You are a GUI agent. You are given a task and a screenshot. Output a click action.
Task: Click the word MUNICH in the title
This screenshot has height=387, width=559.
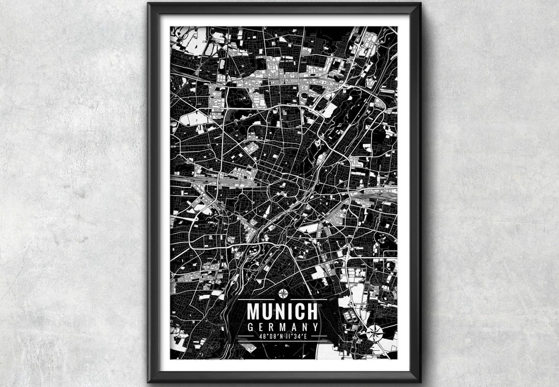[x=282, y=311]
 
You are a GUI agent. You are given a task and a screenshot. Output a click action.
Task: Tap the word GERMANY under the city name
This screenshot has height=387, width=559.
[x=282, y=327]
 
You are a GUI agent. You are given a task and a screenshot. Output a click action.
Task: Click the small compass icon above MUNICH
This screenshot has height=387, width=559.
[x=283, y=294]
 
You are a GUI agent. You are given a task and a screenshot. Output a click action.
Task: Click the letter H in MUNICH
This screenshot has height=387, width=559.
[x=311, y=311]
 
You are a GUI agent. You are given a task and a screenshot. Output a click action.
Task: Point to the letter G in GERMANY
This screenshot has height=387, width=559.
[x=251, y=327]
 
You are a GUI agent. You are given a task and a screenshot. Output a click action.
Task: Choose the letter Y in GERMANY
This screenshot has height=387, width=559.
[x=314, y=327]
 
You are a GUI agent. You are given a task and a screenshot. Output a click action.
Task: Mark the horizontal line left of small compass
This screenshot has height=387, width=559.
[x=258, y=300]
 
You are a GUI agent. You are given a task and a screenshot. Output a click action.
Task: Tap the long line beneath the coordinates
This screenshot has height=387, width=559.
[x=282, y=342]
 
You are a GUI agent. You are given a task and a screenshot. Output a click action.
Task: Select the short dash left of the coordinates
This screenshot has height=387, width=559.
[x=247, y=337]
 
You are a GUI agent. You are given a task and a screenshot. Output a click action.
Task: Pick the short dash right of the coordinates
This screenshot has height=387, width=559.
[x=317, y=337]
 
